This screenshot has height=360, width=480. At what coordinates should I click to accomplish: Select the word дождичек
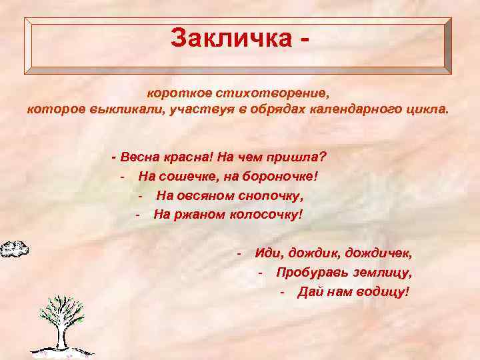379,253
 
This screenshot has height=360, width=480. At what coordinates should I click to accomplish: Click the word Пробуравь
309,273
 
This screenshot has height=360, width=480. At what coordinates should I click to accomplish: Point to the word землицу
381,273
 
